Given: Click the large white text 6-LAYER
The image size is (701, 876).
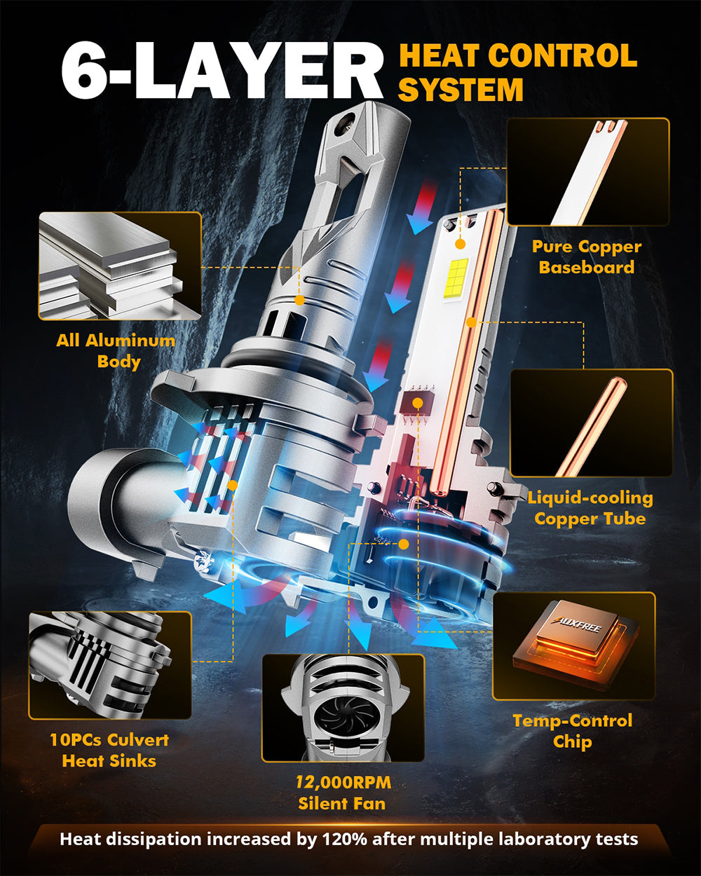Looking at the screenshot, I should pyautogui.click(x=221, y=71).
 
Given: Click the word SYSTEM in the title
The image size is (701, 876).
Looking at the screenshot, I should pyautogui.click(x=461, y=90).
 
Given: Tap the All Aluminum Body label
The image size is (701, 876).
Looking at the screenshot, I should pyautogui.click(x=116, y=351).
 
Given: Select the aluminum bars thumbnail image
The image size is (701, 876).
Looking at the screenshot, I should pyautogui.click(x=120, y=266).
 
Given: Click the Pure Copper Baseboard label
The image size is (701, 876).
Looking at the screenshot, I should pyautogui.click(x=587, y=257).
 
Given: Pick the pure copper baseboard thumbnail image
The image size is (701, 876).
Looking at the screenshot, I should pyautogui.click(x=587, y=172).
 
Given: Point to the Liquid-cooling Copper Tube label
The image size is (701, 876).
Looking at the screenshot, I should pyautogui.click(x=590, y=508).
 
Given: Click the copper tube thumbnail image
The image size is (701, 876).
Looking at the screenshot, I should pyautogui.click(x=591, y=423).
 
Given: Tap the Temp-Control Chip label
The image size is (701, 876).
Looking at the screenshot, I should pyautogui.click(x=572, y=731).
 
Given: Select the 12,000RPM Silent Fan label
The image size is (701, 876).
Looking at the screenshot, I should pyautogui.click(x=342, y=793).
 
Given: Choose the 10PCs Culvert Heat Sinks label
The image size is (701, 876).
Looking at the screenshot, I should pyautogui.click(x=109, y=751).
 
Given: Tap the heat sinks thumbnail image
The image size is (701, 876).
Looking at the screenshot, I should pyautogui.click(x=109, y=665).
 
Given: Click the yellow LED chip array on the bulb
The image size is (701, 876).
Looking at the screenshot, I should pyautogui.click(x=456, y=276).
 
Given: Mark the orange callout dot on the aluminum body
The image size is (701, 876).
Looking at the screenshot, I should pyautogui.click(x=299, y=300).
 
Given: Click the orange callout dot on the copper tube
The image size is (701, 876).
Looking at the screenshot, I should pyautogui.click(x=472, y=322).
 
